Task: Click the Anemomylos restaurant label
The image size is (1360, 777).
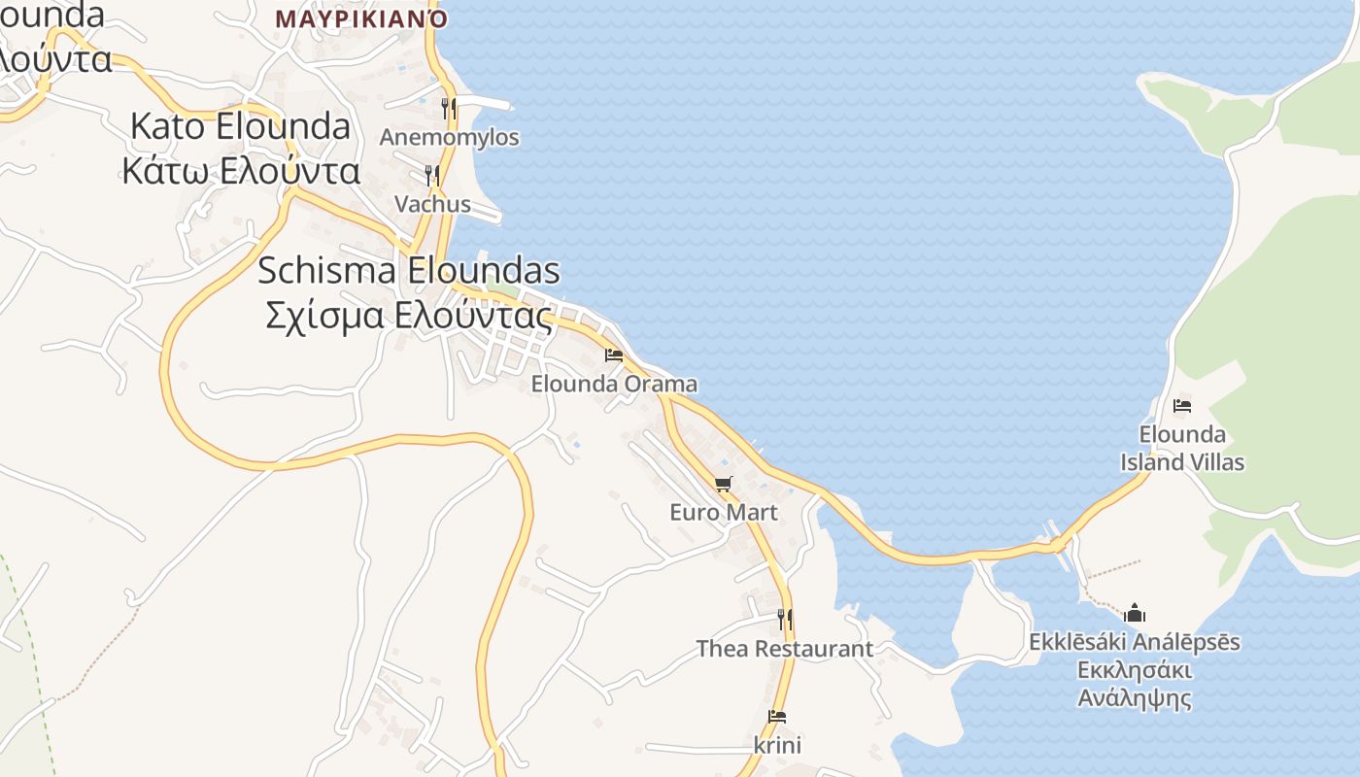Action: point(449,137)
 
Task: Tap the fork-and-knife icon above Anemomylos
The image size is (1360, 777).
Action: point(449,108)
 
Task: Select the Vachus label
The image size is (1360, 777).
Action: point(432,204)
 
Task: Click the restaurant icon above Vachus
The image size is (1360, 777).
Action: point(432,175)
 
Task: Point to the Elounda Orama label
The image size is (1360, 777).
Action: point(614,384)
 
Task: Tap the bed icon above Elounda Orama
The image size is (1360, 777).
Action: point(614,355)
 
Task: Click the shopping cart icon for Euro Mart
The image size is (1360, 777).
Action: point(723,484)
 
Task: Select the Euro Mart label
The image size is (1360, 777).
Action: point(724,511)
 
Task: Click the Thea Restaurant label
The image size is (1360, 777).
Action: point(785,648)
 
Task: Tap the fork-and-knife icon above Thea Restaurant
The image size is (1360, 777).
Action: point(785,619)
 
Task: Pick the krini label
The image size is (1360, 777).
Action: point(777,745)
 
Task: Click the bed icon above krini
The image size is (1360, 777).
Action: point(777,718)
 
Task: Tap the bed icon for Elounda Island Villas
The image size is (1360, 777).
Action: point(1182,405)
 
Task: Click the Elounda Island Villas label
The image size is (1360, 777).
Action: point(1182,448)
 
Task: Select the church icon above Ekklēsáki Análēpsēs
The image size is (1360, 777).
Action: point(1135,613)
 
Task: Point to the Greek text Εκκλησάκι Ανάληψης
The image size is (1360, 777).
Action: point(1135,684)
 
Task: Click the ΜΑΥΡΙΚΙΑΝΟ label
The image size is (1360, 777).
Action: point(361,18)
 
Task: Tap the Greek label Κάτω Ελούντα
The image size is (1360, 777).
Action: point(241,171)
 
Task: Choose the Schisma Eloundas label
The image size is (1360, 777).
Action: point(409,270)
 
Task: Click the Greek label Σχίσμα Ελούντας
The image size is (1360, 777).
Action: point(409,316)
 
